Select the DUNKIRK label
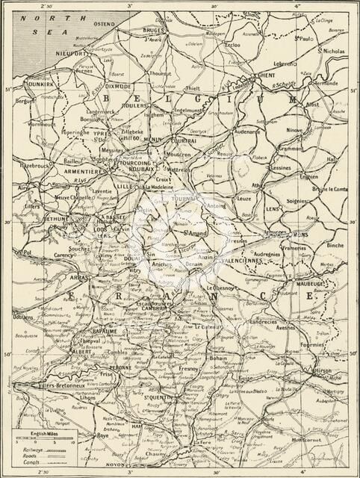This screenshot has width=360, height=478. click(33, 85)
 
